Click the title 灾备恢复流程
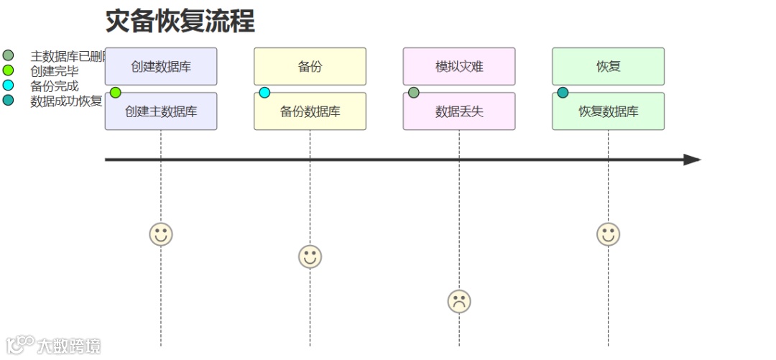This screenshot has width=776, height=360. click(180, 21)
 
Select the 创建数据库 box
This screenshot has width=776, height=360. click(161, 67)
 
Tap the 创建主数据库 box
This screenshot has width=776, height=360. click(161, 111)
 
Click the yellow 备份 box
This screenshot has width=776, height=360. click(310, 67)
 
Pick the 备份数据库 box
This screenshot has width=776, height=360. click(310, 111)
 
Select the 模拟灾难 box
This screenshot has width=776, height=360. click(459, 67)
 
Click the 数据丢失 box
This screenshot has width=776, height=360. click(459, 111)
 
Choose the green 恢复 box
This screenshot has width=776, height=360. click(608, 67)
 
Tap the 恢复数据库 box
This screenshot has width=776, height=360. click(608, 111)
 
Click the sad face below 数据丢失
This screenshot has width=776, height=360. click(459, 301)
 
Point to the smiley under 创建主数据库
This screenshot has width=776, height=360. click(161, 234)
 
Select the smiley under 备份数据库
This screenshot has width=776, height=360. click(310, 257)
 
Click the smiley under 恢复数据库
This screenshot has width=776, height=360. click(608, 234)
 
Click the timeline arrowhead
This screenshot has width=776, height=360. click(691, 160)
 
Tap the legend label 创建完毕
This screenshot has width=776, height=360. click(55, 71)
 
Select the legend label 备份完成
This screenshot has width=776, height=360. click(55, 86)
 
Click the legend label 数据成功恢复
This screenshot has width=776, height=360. click(66, 101)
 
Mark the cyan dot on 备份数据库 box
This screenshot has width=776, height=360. click(264, 93)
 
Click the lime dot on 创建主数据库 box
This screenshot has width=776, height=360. click(116, 93)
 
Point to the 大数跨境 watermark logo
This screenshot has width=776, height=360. click(53, 345)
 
